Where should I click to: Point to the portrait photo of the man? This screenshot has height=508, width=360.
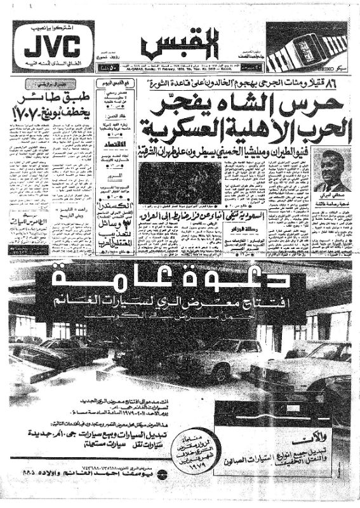[333, 170]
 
